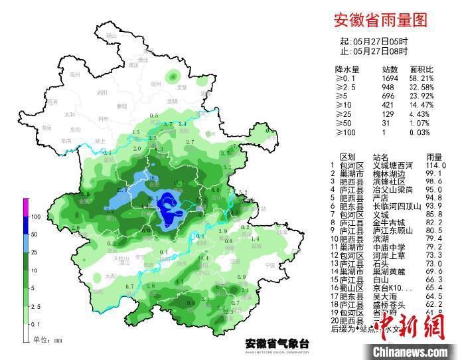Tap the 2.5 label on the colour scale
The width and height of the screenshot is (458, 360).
36,307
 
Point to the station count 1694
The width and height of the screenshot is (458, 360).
390,78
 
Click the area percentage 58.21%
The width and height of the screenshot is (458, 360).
421,78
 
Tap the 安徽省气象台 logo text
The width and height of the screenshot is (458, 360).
277,343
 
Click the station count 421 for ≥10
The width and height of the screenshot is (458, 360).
390,105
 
